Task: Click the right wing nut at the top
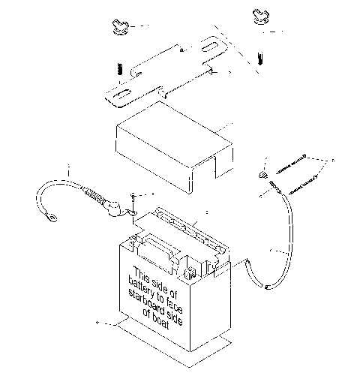(x=259, y=16)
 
